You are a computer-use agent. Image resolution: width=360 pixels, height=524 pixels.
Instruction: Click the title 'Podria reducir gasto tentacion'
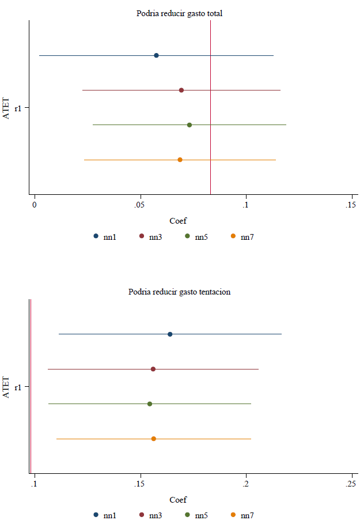(179, 292)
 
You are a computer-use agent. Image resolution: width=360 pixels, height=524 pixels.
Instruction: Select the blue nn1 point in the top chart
(156, 55)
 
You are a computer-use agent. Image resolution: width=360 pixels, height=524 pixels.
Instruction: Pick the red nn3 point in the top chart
(181, 90)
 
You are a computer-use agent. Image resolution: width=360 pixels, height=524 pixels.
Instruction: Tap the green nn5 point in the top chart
(190, 125)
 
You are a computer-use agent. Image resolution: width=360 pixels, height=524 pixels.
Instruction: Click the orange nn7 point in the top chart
(180, 159)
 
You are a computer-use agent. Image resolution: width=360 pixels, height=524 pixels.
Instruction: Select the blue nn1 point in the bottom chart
(170, 334)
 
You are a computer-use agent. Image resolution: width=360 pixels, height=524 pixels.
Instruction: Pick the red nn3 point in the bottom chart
(153, 369)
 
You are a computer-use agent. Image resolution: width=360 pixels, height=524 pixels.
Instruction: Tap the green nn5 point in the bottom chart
(150, 404)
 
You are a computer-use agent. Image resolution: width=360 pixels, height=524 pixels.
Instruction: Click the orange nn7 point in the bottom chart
(154, 439)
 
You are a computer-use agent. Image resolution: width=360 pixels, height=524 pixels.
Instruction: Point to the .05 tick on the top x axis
(139, 205)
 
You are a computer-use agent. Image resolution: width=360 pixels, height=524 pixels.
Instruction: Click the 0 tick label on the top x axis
(35, 205)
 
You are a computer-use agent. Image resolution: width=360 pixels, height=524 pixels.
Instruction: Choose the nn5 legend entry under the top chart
(195, 236)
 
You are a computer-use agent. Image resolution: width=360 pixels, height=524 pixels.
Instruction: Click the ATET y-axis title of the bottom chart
(7, 386)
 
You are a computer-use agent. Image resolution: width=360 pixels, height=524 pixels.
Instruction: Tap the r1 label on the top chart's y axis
(18, 108)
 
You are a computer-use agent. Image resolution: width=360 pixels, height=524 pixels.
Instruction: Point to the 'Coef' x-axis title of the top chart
(178, 221)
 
